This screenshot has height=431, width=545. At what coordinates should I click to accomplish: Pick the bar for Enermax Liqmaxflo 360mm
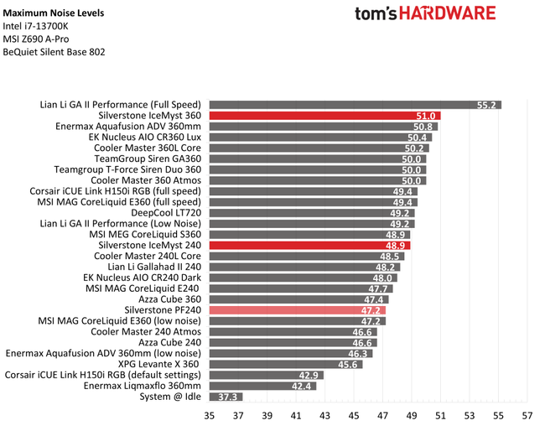pos(263,386)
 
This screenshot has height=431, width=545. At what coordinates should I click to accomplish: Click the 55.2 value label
pos(488,105)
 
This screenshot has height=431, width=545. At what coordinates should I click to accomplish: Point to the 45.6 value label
pos(349,364)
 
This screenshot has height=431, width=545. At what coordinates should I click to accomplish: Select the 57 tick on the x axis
pos(527,415)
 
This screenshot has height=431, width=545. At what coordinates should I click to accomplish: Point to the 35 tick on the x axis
pos(209,415)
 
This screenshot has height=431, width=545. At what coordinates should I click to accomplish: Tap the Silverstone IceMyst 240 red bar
pos(309,246)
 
